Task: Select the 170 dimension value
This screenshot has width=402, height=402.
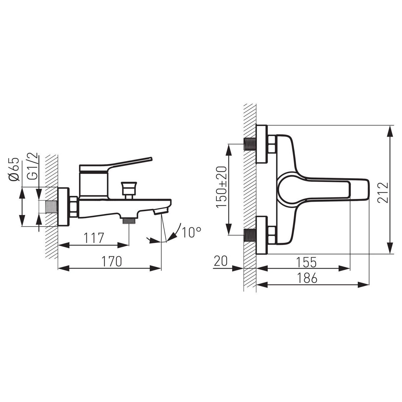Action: [x=112, y=261]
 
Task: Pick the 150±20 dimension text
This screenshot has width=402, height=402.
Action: [x=221, y=187]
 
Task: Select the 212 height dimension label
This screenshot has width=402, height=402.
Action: [x=383, y=192]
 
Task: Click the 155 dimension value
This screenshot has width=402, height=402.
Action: [x=307, y=262]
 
